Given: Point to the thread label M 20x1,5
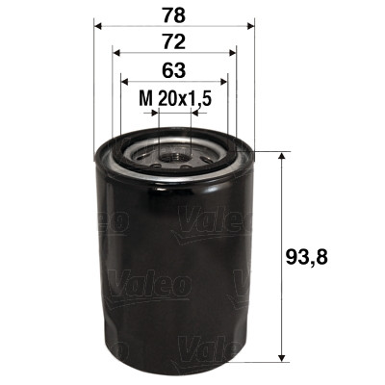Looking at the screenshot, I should pos(174,98).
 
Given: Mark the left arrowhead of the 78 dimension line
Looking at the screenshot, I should pos(99,27).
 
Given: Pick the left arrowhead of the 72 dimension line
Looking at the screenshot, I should pos(115,55).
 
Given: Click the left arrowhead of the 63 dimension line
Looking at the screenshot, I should pos(123,84).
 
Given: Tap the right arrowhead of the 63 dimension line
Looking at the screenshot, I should pos(225,84).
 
